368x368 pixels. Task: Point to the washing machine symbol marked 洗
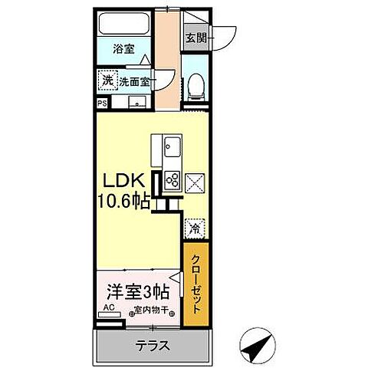(x=105, y=80)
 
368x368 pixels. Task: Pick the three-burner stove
(x=172, y=181)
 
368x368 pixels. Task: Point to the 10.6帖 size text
(x=123, y=203)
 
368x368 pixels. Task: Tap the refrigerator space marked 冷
(x=193, y=228)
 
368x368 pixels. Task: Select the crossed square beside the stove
(x=194, y=182)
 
